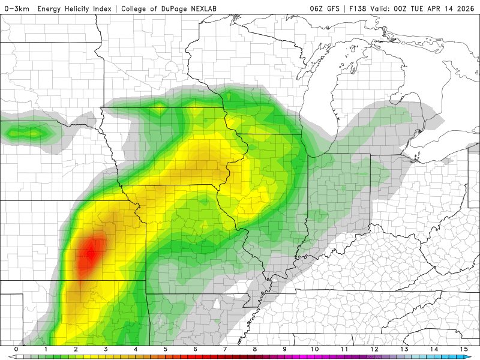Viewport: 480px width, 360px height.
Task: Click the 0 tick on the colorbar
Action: click(x=16, y=349)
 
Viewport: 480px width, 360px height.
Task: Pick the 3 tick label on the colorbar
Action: click(x=106, y=349)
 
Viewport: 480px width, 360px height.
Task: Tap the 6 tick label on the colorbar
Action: click(x=196, y=349)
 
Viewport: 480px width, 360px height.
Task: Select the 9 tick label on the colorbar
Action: click(x=285, y=349)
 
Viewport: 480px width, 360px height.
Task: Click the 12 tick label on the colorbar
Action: click(x=374, y=349)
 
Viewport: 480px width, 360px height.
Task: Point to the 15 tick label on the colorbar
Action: click(x=464, y=349)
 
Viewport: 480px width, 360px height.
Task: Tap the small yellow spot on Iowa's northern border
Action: click(x=160, y=108)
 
